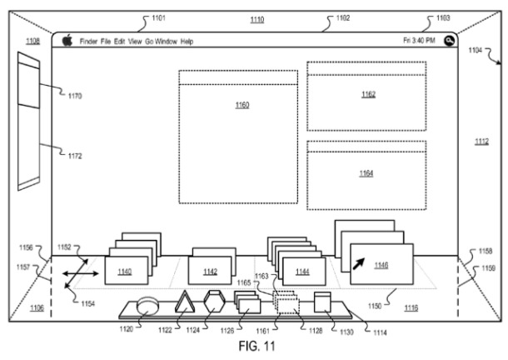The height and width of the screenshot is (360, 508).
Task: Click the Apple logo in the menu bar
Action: coord(67,40)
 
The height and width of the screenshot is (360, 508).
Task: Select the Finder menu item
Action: coord(88,42)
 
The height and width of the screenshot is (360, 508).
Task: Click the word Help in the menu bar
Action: coord(187,42)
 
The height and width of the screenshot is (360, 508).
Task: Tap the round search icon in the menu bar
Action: coord(450,41)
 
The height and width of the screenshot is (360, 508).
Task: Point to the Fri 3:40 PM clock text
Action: coord(419,41)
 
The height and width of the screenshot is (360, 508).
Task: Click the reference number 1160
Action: coord(242,105)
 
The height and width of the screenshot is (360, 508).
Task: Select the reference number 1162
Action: coord(368,94)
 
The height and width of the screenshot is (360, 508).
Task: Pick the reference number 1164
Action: coord(366,173)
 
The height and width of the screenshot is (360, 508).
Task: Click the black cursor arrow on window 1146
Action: coord(359,263)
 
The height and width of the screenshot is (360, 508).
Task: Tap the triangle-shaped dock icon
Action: coord(185,302)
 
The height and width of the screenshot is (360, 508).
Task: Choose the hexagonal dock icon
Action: coord(215,302)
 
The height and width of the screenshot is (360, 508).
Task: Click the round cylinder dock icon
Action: coord(147,306)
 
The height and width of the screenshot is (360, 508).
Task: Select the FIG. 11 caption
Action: coord(257,346)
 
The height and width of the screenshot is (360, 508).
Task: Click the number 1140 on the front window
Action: coord(125,272)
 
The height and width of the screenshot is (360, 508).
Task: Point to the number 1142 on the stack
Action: coord(210,272)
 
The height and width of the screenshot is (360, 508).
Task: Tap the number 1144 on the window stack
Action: coord(302,272)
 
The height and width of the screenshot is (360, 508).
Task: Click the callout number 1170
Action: coord(75,96)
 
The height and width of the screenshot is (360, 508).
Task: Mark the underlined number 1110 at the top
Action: coord(257,20)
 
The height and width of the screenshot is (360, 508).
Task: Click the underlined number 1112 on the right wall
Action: coord(481,142)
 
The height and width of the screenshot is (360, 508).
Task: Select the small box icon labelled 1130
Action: coord(322,302)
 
